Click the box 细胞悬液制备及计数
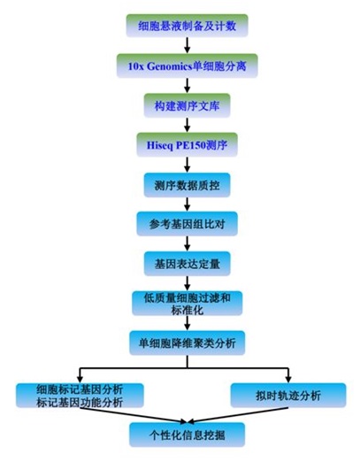pyautogui.click(x=187, y=26)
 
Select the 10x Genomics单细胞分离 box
pyautogui.click(x=187, y=65)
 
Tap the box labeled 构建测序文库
pyautogui.click(x=187, y=105)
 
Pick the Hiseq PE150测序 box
pyautogui.click(x=187, y=145)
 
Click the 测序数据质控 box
pyautogui.click(x=187, y=185)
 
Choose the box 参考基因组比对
pyautogui.click(x=187, y=224)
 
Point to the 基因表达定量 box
pyautogui.click(x=187, y=264)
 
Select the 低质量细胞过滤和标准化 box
pyautogui.click(x=187, y=304)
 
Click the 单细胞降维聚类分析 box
pyautogui.click(x=187, y=343)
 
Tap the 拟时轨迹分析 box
pyautogui.click(x=288, y=396)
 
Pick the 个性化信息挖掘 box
pyautogui.click(x=187, y=435)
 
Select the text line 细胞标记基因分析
pyautogui.click(x=80, y=389)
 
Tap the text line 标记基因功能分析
pyautogui.click(x=80, y=403)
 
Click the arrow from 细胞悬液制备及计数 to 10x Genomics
pyautogui.click(x=187, y=45)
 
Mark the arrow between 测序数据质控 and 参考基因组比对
pyautogui.click(x=187, y=204)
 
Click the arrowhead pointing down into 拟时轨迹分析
pyautogui.click(x=288, y=380)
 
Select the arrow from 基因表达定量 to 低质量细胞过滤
pyautogui.click(x=187, y=283)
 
